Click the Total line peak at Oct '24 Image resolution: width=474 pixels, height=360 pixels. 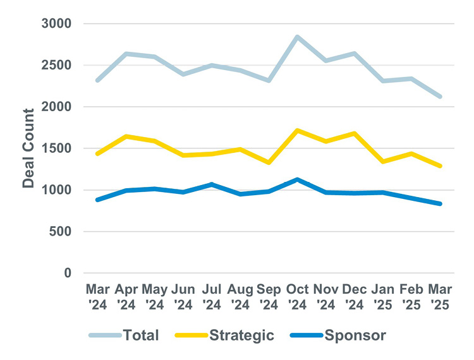(x=297, y=37)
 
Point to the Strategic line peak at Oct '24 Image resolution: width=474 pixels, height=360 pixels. (x=297, y=131)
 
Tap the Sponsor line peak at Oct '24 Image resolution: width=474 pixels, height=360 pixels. (x=297, y=179)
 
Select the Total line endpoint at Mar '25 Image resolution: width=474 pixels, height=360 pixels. (x=441, y=97)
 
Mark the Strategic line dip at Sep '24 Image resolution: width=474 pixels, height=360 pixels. (x=269, y=162)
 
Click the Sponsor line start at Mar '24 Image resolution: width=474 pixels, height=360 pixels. (x=97, y=200)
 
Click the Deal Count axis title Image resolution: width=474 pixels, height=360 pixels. (x=29, y=148)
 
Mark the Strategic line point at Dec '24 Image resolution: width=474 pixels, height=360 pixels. (x=355, y=133)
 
